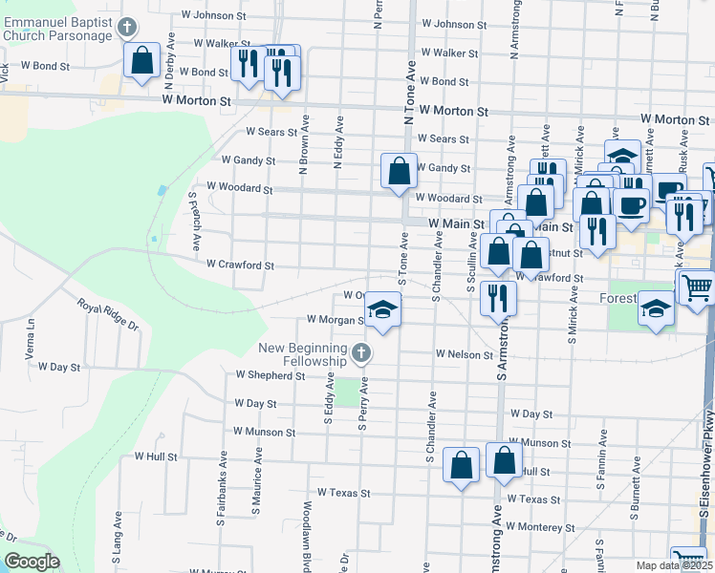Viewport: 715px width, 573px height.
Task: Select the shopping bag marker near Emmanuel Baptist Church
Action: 142,61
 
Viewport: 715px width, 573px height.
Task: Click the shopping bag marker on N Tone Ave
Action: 400,173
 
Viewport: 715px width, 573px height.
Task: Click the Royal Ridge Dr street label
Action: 108,313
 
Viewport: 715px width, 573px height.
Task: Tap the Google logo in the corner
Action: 31,562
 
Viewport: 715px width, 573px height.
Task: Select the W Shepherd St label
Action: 270,375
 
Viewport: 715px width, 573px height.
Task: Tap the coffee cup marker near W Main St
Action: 631,204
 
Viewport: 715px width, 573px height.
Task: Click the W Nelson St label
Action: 464,353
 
